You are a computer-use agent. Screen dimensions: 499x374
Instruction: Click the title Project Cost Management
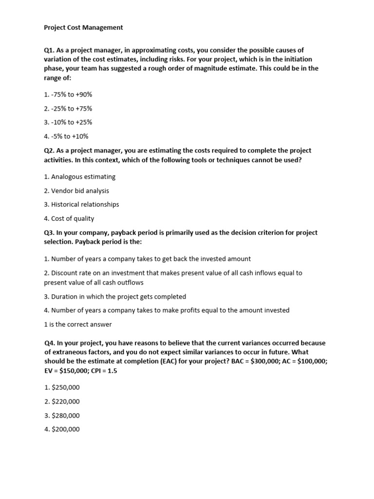click(x=83, y=28)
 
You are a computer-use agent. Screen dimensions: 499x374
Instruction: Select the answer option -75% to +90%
click(x=68, y=95)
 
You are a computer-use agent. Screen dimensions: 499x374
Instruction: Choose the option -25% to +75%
click(x=68, y=109)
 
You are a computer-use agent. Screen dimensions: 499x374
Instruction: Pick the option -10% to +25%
click(x=68, y=122)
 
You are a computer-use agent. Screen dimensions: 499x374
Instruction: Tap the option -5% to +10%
click(x=66, y=136)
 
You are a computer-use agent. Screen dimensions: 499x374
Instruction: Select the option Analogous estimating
click(x=80, y=176)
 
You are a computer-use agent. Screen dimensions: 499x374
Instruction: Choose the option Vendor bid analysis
click(x=76, y=191)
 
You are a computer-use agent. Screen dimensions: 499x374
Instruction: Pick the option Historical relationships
click(x=81, y=204)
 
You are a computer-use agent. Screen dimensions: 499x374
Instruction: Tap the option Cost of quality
click(x=69, y=218)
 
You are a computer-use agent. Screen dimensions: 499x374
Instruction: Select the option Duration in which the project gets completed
click(x=115, y=296)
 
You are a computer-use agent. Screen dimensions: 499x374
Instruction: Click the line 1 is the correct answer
click(x=78, y=324)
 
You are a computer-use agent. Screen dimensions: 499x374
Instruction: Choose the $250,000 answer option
click(x=62, y=387)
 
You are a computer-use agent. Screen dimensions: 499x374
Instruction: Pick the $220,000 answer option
click(x=62, y=402)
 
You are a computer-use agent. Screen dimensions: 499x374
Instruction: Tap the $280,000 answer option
click(x=62, y=416)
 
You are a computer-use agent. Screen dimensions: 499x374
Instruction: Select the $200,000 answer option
click(x=62, y=429)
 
